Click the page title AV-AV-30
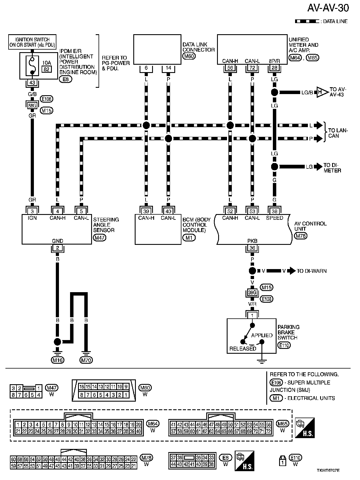[328, 8]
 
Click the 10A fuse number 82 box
[47, 69]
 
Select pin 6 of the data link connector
[146, 68]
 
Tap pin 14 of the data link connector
[168, 68]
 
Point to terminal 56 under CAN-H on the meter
[230, 68]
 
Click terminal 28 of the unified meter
[274, 68]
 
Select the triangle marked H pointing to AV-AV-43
[321, 92]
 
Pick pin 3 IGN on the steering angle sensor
[32, 211]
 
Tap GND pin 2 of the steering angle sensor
[58, 248]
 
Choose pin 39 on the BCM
[146, 211]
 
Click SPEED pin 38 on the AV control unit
[274, 211]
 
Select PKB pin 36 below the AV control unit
[252, 248]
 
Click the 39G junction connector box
[252, 293]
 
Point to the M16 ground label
[58, 360]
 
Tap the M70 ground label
[86, 360]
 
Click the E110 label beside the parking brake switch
[284, 345]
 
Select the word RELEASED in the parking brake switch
[243, 349]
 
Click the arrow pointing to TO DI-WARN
[292, 271]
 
